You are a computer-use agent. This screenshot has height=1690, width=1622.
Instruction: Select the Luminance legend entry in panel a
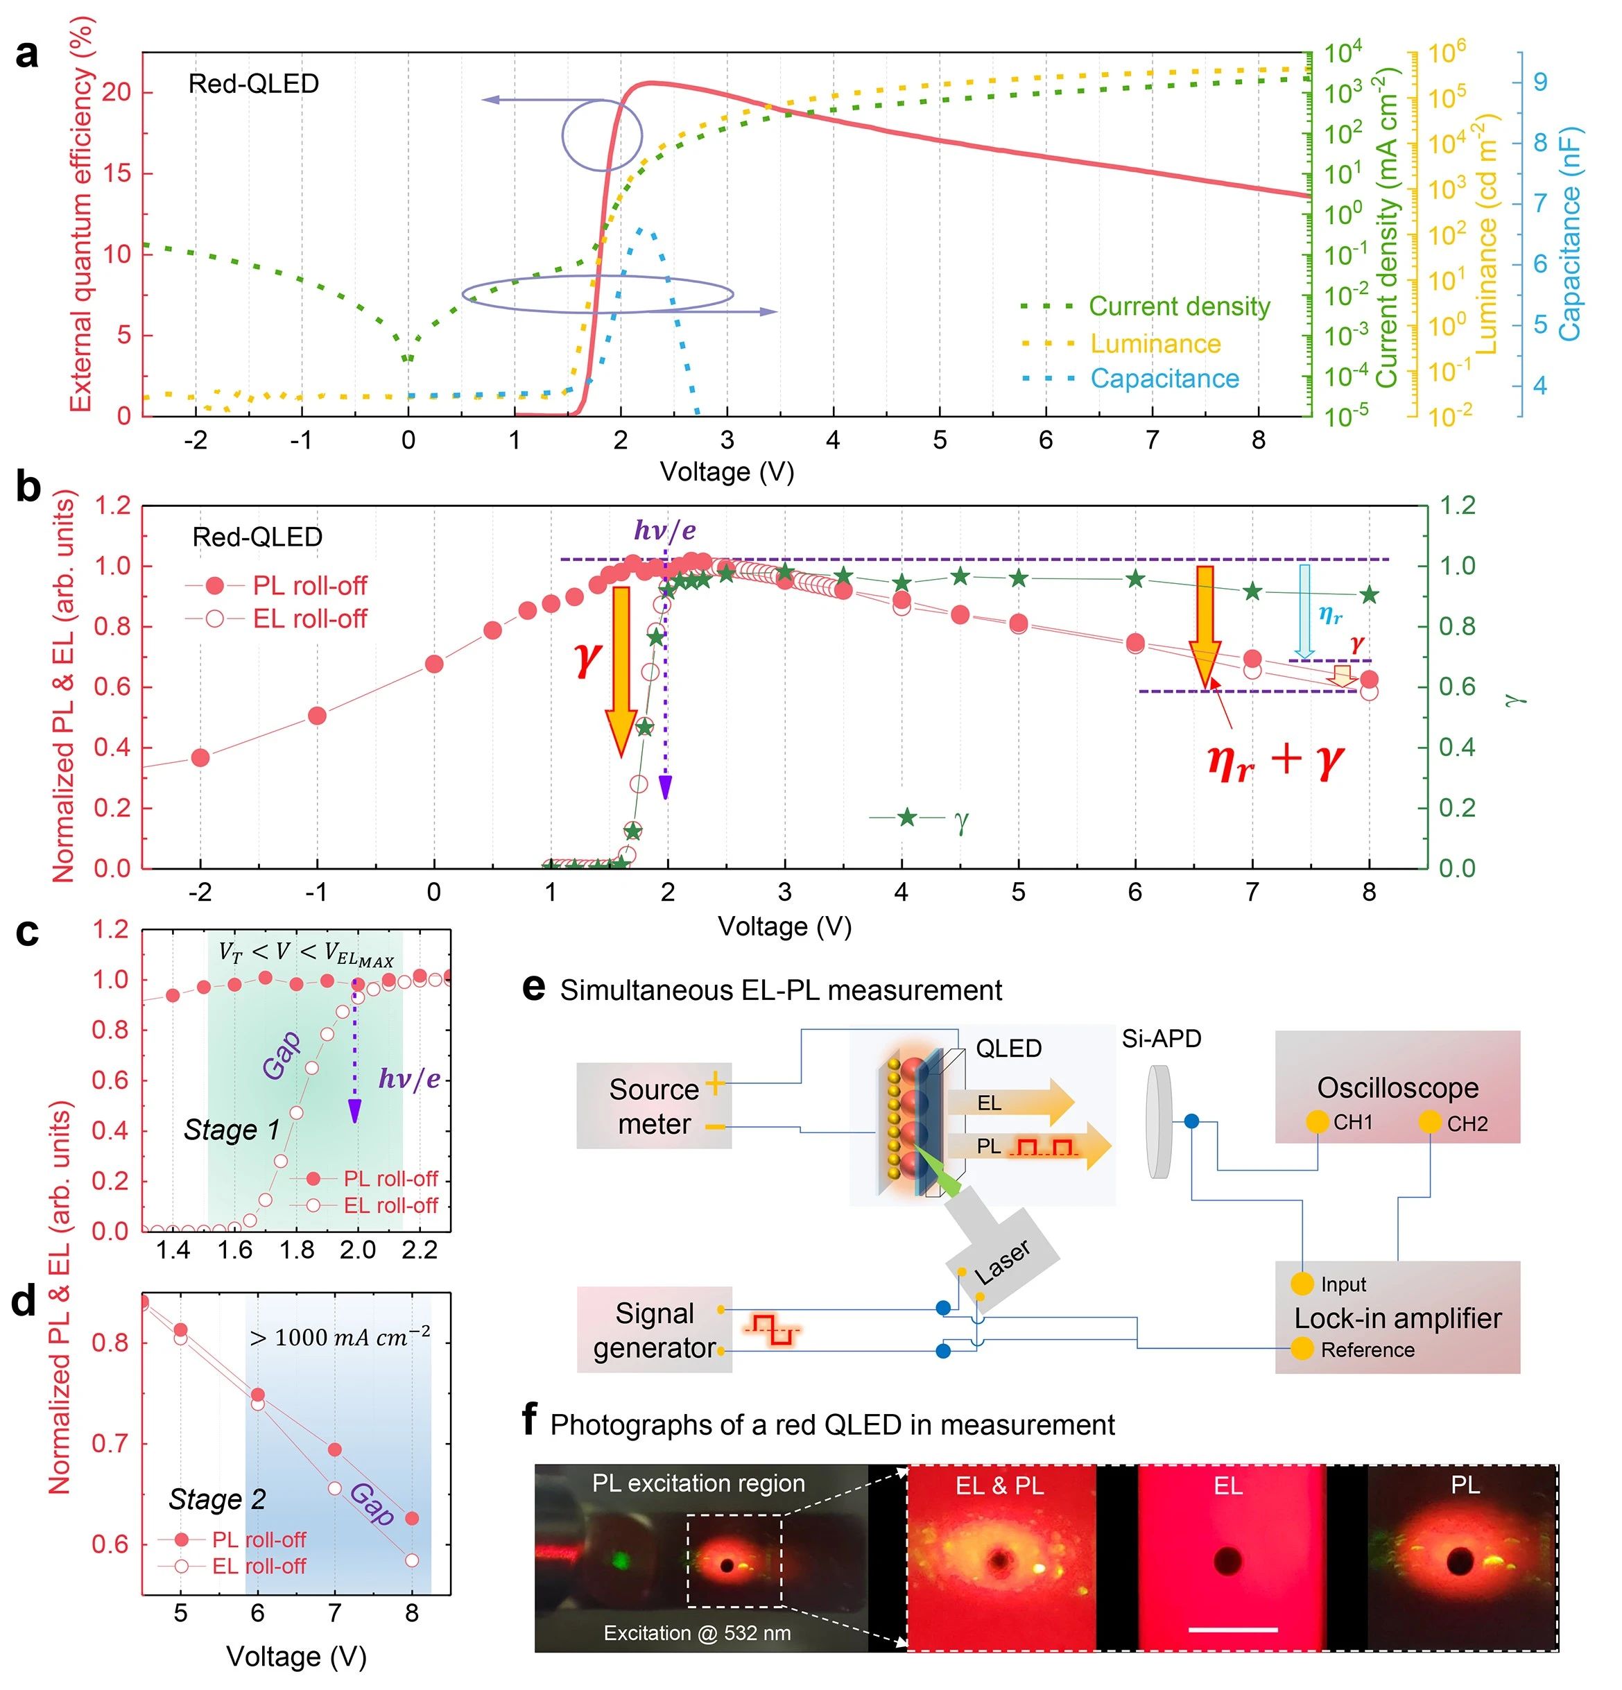(1155, 343)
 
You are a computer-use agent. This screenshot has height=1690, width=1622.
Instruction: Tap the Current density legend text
(1179, 306)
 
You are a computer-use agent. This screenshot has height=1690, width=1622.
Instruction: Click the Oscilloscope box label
(1397, 1088)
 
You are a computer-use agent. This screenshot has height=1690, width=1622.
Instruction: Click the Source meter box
(654, 1106)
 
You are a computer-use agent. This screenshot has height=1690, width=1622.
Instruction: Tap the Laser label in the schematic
(1002, 1262)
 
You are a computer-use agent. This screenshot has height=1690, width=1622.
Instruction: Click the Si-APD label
(1161, 1039)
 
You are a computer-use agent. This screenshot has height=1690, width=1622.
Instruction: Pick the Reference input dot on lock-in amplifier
(1302, 1349)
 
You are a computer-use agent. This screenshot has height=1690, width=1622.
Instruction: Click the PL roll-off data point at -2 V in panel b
(200, 758)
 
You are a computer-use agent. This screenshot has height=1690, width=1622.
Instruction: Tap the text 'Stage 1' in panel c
(231, 1130)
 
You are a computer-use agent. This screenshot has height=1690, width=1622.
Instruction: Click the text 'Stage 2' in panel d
(216, 1499)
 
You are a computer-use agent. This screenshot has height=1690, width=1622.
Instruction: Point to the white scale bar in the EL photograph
(1232, 1630)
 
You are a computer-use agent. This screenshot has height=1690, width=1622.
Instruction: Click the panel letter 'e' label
(534, 988)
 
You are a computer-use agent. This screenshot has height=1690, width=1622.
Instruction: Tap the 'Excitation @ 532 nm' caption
(697, 1632)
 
